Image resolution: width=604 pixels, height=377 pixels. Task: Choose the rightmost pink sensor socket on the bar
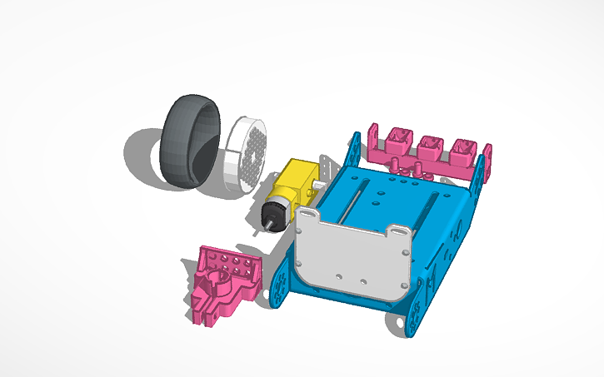pyautogui.click(x=462, y=150)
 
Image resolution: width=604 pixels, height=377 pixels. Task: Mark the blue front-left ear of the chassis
pyautogui.click(x=281, y=283)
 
